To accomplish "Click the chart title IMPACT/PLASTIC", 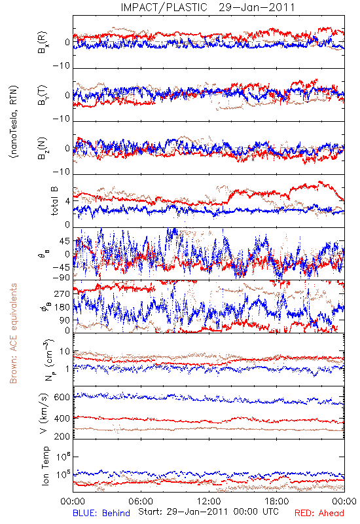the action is pyautogui.click(x=164, y=7).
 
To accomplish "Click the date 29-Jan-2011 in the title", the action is pyautogui.click(x=257, y=7).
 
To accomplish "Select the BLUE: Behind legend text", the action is pyautogui.click(x=101, y=513).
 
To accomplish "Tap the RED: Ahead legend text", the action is pyautogui.click(x=319, y=513).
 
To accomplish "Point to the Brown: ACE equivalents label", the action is pyautogui.click(x=13, y=333).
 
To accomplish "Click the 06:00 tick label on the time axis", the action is pyautogui.click(x=141, y=501).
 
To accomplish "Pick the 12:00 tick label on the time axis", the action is pyautogui.click(x=209, y=501).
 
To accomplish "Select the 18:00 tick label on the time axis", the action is pyautogui.click(x=277, y=501).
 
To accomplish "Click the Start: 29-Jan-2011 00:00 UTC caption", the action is pyautogui.click(x=208, y=512).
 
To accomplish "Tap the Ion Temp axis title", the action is pyautogui.click(x=45, y=466).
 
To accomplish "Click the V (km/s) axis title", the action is pyautogui.click(x=44, y=413).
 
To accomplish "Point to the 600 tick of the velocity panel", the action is pyautogui.click(x=62, y=397).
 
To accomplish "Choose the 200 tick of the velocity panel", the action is pyautogui.click(x=62, y=436).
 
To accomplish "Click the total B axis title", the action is pyautogui.click(x=54, y=201).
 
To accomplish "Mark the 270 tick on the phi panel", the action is pyautogui.click(x=62, y=293).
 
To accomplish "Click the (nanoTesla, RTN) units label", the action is pyautogui.click(x=14, y=122).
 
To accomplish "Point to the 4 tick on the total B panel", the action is pyautogui.click(x=68, y=201).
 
